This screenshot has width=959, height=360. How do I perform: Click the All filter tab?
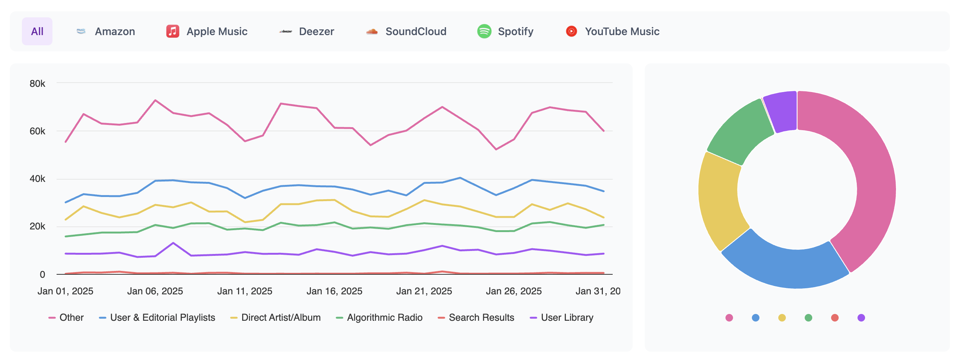(x=37, y=31)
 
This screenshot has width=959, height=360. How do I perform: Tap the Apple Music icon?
(x=173, y=31)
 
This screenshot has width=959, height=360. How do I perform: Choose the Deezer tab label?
(x=316, y=31)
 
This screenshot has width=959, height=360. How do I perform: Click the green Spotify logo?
(x=484, y=31)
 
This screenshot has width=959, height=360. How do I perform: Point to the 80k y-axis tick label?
(x=37, y=83)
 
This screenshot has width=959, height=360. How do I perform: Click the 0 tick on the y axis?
(x=42, y=274)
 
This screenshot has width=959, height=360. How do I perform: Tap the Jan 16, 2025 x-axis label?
(x=334, y=291)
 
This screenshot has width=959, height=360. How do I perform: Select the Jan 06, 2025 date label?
(x=155, y=291)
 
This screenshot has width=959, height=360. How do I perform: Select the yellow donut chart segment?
(x=719, y=200)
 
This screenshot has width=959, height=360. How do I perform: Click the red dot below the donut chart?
(x=835, y=318)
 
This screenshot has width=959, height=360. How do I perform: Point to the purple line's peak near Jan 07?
(x=173, y=243)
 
